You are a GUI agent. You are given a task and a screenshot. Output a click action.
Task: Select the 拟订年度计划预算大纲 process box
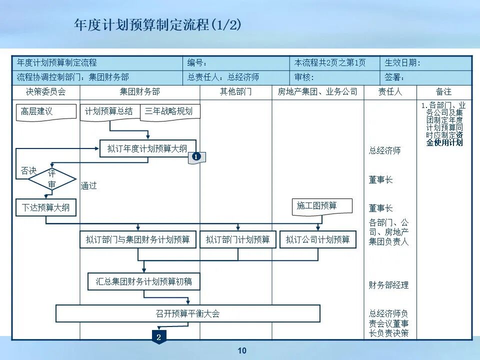147,148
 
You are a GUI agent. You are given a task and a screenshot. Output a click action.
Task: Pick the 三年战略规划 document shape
169,111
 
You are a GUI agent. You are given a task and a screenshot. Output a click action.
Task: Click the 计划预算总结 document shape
109,111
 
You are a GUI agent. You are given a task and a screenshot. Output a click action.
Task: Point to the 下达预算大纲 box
46,207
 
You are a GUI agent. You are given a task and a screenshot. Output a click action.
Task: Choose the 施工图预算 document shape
322,206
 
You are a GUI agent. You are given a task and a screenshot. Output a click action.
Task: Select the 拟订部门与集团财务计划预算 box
138,239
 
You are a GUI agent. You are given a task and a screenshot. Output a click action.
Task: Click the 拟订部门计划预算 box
238,239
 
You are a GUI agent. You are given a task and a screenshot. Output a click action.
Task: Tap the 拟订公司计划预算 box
318,239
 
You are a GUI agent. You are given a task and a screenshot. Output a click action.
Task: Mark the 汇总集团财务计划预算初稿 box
144,281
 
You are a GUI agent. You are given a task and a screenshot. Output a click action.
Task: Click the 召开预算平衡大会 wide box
187,314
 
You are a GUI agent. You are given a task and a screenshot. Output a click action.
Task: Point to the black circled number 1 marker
196,157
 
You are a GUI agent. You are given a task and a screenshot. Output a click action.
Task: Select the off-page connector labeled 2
158,337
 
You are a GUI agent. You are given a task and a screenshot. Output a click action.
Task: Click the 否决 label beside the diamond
28,171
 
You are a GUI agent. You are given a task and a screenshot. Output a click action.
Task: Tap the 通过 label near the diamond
89,185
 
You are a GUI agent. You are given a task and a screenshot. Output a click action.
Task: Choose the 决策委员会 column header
46,92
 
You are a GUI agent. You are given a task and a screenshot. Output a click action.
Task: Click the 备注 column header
443,92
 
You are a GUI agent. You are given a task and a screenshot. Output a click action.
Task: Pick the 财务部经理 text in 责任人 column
389,285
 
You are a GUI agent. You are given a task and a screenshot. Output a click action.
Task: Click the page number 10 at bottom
242,351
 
